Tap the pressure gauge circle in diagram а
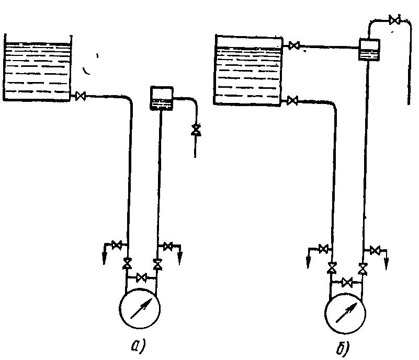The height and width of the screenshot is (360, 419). click(x=140, y=308)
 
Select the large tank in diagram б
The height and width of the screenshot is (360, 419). click(x=248, y=70)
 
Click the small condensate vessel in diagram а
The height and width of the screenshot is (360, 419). click(x=161, y=98)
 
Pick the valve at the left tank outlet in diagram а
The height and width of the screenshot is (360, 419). click(x=81, y=96)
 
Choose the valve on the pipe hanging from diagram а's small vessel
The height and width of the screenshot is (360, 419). click(x=196, y=130)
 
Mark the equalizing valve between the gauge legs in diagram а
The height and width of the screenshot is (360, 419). click(x=141, y=277)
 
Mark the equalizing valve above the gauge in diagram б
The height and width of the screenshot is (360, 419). click(x=346, y=283)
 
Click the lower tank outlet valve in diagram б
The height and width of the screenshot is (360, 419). click(x=292, y=100)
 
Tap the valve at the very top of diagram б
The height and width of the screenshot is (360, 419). click(x=396, y=20)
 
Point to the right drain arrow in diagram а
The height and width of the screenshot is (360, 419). click(x=180, y=254)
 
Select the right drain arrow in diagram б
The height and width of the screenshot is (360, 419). click(x=386, y=260)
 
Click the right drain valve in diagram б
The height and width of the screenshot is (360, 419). click(x=375, y=250)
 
